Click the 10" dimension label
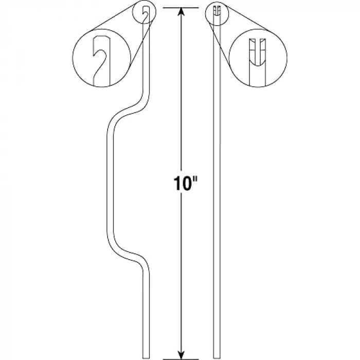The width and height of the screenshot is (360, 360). coord(185,184)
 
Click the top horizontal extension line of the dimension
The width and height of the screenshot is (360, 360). coord(181,8)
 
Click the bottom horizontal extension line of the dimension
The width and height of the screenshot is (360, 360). coord(181,359)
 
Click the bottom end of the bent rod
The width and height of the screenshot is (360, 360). coord(146,358)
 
